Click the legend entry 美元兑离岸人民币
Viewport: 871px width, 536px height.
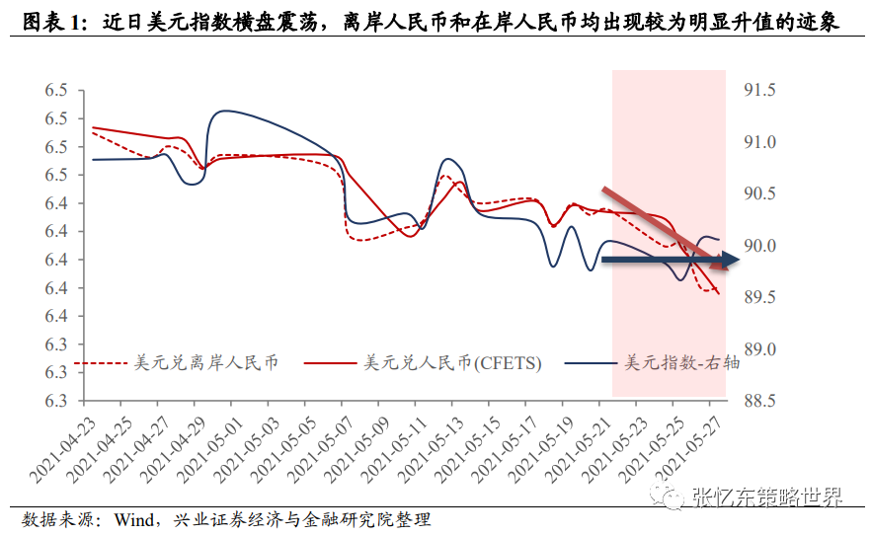205,362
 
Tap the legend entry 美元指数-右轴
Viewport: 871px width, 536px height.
680,362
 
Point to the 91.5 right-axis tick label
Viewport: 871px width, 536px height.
759,91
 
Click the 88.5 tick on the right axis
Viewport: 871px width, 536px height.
759,402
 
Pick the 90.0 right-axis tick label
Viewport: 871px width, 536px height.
759,246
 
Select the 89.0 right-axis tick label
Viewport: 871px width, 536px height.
759,349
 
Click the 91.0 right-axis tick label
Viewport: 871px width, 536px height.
759,142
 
